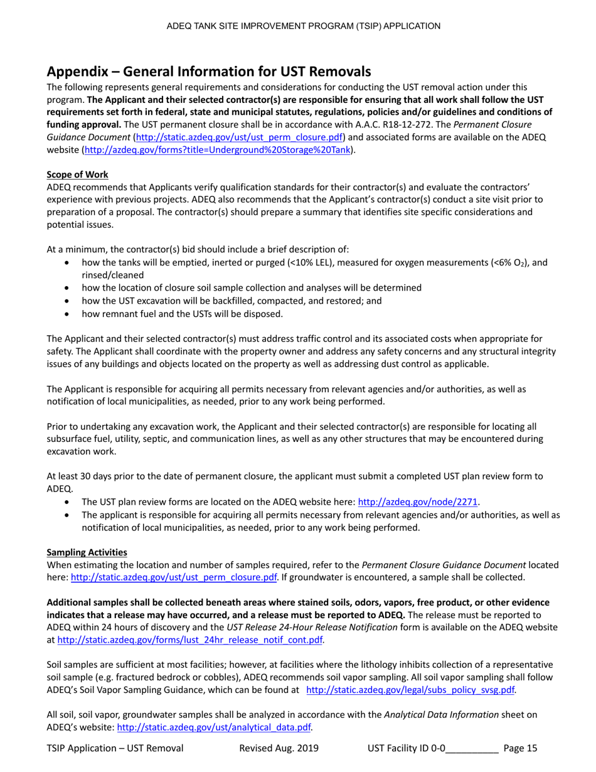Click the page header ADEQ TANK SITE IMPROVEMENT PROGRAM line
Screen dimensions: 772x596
[x=303, y=26]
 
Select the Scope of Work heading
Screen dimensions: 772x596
[x=77, y=174]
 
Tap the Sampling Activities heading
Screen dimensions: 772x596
[x=87, y=552]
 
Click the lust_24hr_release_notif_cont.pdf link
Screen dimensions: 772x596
[x=191, y=640]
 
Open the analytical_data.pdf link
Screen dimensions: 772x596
[x=215, y=727]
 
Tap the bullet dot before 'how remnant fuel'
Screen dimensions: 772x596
[x=68, y=313]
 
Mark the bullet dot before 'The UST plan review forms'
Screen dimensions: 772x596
[x=68, y=502]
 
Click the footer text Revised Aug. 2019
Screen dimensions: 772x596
[x=279, y=748]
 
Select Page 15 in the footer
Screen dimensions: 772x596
[x=520, y=748]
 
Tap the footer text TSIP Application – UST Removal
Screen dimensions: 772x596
[x=115, y=748]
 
